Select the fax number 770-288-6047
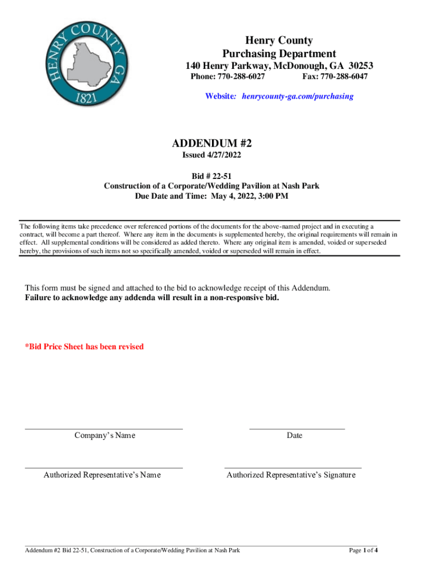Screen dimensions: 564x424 click(x=344, y=77)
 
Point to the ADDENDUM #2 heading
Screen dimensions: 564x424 click(x=212, y=143)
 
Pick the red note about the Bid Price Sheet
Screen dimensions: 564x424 click(x=85, y=346)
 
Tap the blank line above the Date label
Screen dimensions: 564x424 click(x=297, y=428)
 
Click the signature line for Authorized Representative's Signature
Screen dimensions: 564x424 click(x=293, y=468)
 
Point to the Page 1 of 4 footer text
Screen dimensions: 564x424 click(x=363, y=550)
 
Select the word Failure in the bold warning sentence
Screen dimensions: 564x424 click(x=40, y=298)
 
